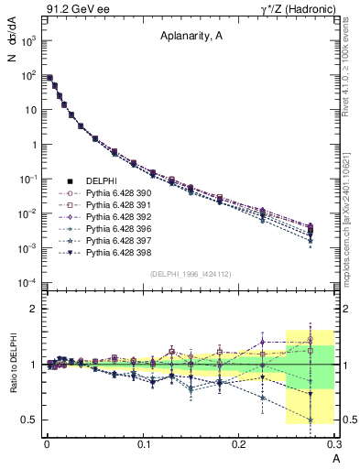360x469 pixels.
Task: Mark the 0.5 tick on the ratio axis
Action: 31,420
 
